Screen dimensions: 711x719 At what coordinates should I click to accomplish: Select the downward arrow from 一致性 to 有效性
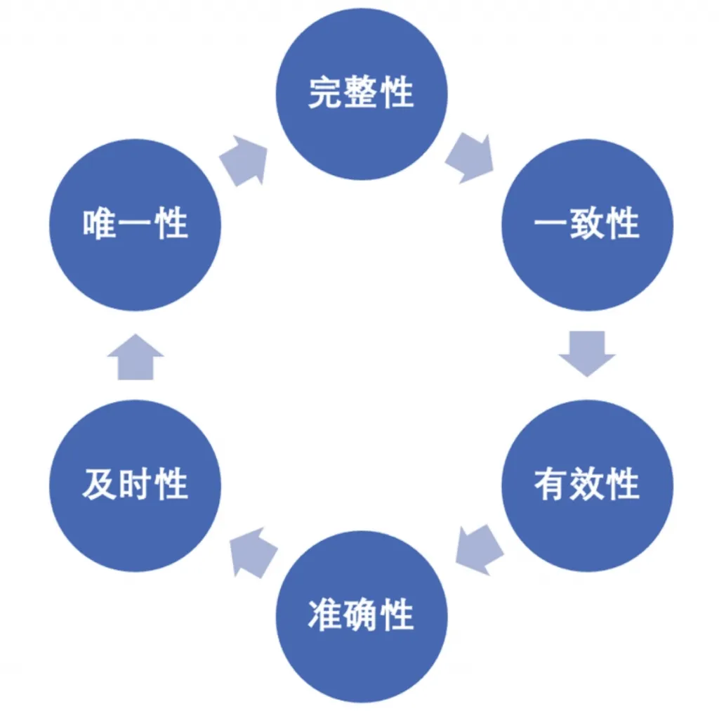(x=587, y=352)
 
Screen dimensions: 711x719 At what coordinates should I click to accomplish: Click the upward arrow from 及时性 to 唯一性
(x=136, y=357)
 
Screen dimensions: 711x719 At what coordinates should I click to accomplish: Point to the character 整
(x=361, y=93)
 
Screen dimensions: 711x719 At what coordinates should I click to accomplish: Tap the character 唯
(x=100, y=225)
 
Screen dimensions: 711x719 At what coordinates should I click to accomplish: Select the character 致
(x=587, y=225)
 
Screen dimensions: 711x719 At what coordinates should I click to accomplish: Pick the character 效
(x=587, y=485)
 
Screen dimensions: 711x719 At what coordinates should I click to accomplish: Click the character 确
(x=361, y=615)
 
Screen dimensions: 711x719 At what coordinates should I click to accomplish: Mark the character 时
(x=136, y=485)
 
